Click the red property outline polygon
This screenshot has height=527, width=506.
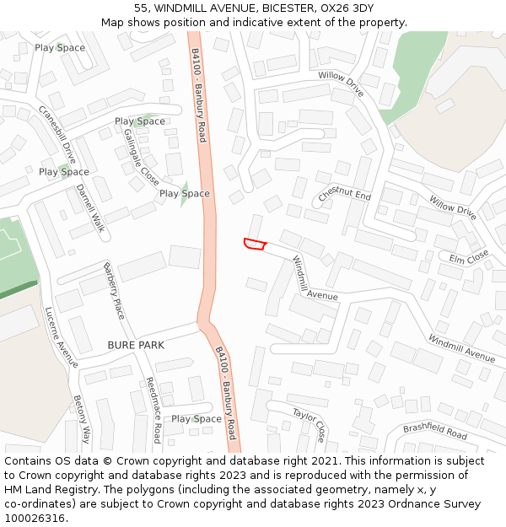tap(255, 245)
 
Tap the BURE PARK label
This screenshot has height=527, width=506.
tap(136, 346)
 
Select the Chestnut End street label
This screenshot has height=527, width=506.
tap(344, 195)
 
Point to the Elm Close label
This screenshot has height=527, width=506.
tap(468, 256)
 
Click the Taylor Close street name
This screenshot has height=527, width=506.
tap(309, 423)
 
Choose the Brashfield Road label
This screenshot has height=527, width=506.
tap(434, 431)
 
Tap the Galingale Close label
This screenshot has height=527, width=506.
tap(141, 157)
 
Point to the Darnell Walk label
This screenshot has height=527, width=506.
tap(89, 208)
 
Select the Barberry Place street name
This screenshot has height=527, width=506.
tap(114, 291)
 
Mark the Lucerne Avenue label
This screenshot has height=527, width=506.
tap(61, 336)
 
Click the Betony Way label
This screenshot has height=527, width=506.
tap(81, 419)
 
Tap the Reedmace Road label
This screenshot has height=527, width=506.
tap(153, 410)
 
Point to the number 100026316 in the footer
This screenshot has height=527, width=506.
tap(36, 519)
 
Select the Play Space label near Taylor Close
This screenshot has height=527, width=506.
tap(196, 419)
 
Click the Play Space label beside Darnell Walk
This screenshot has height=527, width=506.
tap(64, 172)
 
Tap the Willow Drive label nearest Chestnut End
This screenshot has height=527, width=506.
tap(453, 207)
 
